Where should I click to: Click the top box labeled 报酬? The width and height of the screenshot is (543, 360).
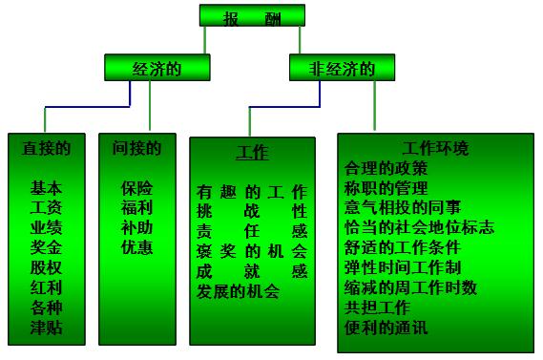(252, 15)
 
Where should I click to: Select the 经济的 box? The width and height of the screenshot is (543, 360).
(157, 69)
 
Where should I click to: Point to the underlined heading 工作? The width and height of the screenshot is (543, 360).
(252, 154)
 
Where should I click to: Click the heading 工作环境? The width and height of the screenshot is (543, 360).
(436, 149)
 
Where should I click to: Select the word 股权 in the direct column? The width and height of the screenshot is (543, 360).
(46, 268)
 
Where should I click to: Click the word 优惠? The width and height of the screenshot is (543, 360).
(136, 247)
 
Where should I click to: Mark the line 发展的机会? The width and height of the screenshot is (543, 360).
(238, 292)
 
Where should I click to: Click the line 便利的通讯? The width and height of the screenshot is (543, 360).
(386, 328)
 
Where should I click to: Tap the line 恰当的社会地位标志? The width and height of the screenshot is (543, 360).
(418, 227)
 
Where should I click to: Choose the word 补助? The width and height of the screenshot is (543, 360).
(136, 227)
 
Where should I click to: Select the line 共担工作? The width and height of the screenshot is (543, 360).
(376, 307)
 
